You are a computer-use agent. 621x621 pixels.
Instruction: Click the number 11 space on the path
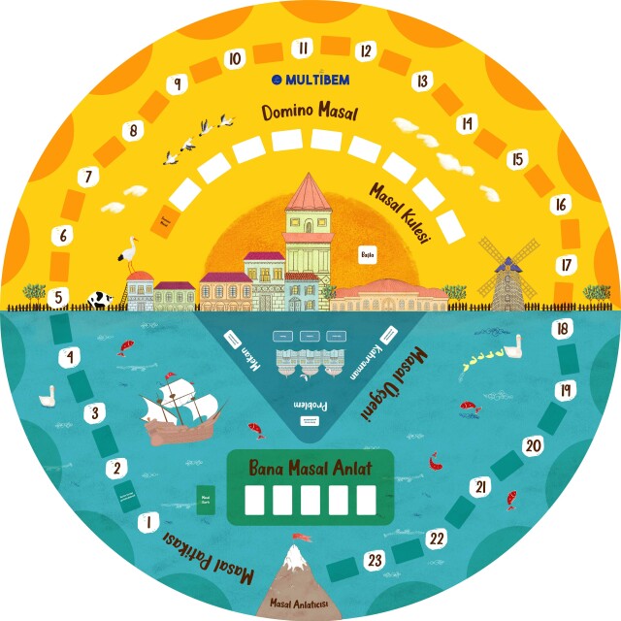[303, 48]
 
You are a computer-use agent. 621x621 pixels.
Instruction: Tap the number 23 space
[374, 560]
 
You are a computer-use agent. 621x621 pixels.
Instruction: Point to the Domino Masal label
[310, 113]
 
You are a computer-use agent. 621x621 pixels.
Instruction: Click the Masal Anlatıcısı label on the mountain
[303, 605]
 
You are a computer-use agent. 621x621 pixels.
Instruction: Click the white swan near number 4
[47, 396]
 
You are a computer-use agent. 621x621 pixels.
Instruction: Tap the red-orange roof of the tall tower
[307, 192]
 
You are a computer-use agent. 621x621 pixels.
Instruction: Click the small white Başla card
[368, 254]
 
